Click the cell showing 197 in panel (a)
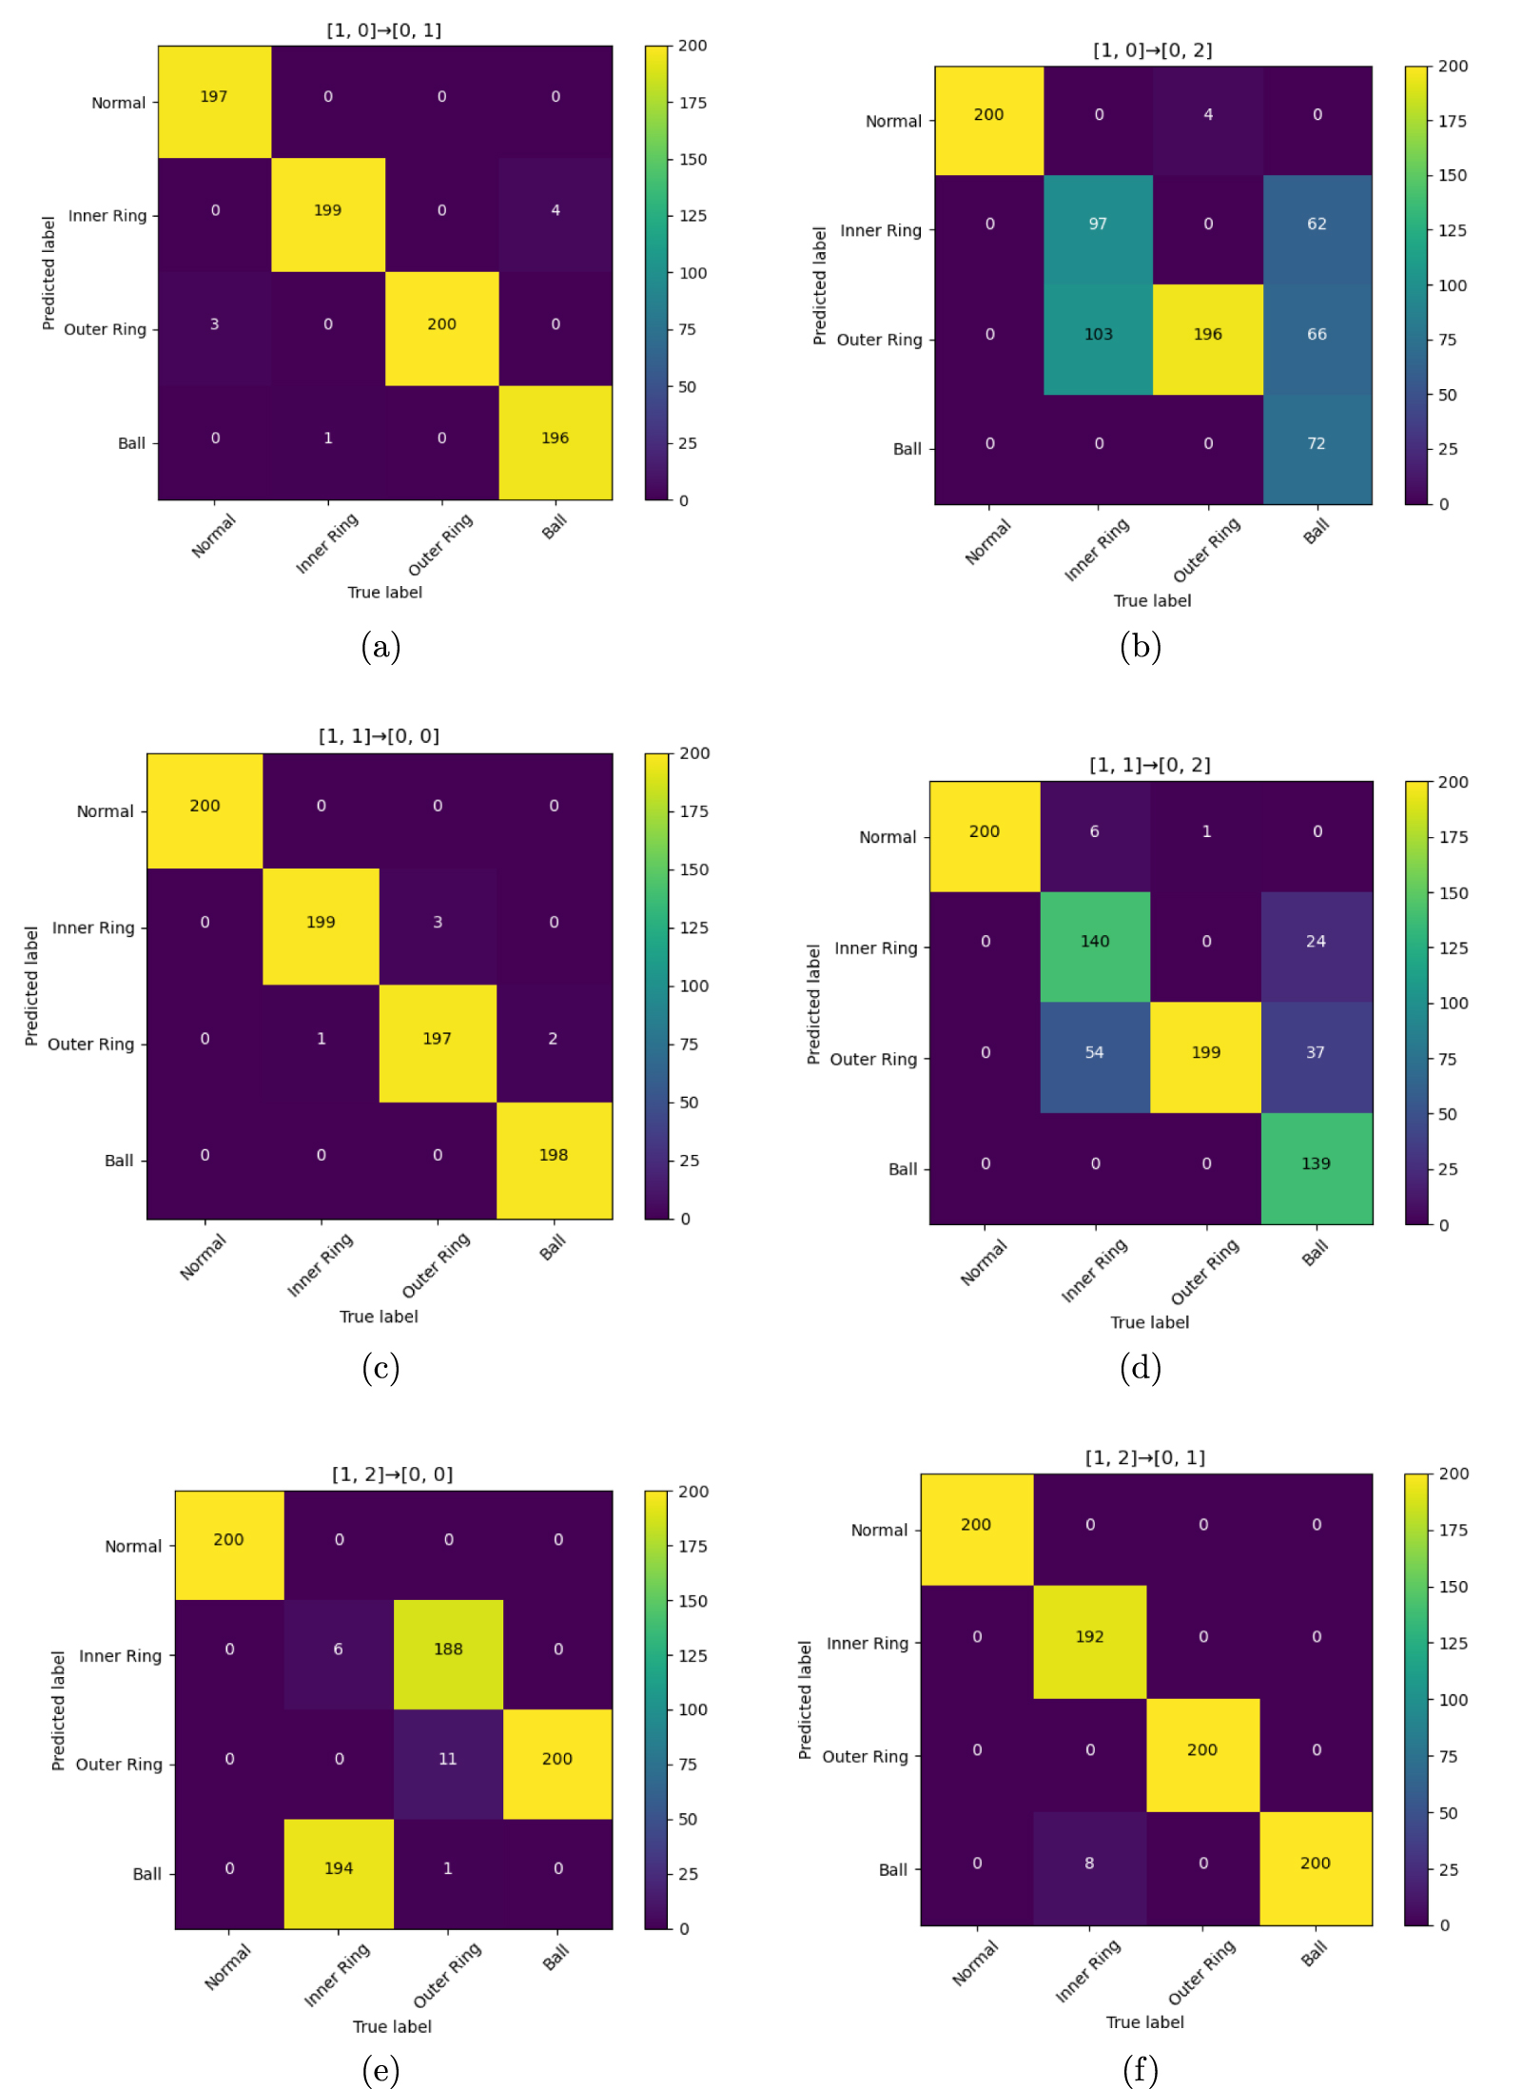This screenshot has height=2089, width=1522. tap(214, 97)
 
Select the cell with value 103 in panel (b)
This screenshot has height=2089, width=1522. tap(1098, 335)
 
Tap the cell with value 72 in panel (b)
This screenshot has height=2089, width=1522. tap(1317, 444)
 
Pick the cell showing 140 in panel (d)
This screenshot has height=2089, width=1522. tap(1094, 942)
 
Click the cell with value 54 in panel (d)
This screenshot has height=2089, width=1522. tap(1094, 1053)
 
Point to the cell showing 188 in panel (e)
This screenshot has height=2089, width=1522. tap(448, 1650)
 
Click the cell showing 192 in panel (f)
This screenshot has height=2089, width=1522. tap(1089, 1637)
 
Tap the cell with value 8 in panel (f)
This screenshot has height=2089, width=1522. tap(1089, 1864)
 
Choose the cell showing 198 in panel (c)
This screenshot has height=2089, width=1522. tap(554, 1156)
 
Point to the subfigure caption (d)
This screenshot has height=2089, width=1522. tap(1140, 1368)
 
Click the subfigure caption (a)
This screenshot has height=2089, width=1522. tap(380, 647)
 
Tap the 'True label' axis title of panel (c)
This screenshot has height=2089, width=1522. tap(379, 1317)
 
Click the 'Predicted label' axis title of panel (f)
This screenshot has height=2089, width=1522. tap(806, 1700)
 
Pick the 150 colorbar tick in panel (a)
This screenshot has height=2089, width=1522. tap(693, 160)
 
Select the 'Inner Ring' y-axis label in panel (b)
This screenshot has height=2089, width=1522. tap(881, 230)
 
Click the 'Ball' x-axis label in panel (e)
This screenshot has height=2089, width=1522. tap(556, 1958)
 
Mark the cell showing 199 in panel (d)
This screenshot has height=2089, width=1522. tap(1205, 1053)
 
